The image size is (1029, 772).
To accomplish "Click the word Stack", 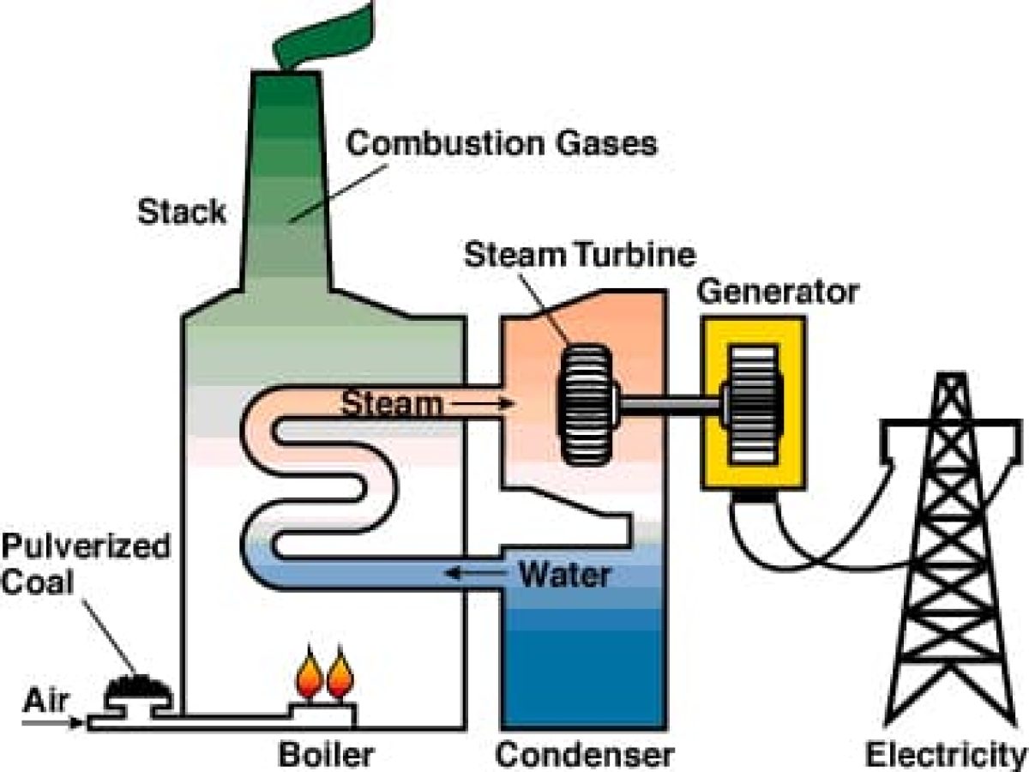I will pos(182,211).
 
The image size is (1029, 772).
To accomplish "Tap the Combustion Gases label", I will pos(501,142).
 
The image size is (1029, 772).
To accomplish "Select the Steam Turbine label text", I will pos(580,255).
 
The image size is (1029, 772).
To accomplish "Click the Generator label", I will pos(777,292).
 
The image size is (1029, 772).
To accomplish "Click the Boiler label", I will pos(326,755).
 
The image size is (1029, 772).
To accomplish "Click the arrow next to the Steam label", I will pos(479,403).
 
